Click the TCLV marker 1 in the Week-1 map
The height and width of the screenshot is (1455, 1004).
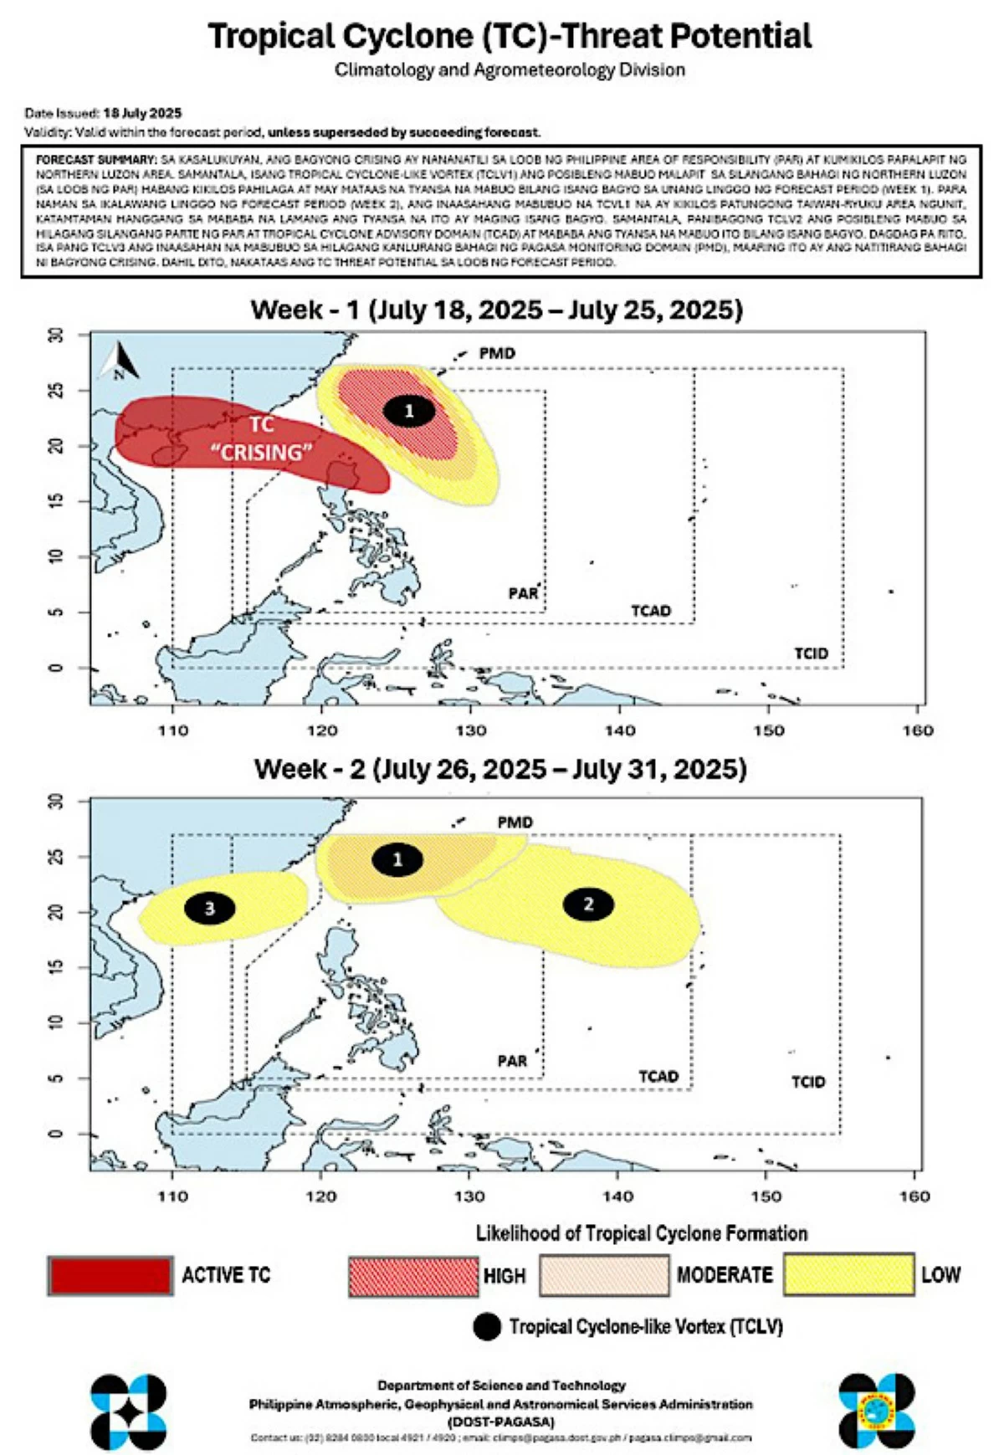[x=409, y=411]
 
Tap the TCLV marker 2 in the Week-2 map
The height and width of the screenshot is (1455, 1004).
[x=589, y=904]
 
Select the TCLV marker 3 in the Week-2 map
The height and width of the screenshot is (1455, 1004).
[x=210, y=908]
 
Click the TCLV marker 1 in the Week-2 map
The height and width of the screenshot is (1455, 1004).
[x=397, y=859]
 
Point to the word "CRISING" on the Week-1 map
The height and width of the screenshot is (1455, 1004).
[x=262, y=453]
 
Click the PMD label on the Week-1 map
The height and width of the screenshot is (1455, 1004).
[x=497, y=353]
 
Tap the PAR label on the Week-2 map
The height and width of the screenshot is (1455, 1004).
[x=512, y=1061]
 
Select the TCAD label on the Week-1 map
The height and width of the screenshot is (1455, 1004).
[x=651, y=611]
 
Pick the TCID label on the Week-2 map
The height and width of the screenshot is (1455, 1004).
[x=808, y=1082]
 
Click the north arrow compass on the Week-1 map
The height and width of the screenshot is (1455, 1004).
[x=119, y=362]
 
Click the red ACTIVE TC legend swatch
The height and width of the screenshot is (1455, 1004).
[x=110, y=1275]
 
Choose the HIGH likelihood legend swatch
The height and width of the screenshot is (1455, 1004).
[x=413, y=1276]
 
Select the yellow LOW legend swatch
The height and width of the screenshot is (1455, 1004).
[x=849, y=1274]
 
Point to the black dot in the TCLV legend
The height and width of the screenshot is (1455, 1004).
[x=487, y=1326]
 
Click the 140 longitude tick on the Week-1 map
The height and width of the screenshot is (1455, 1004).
[x=620, y=730]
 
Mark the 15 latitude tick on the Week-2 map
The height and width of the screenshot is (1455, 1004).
[x=55, y=967]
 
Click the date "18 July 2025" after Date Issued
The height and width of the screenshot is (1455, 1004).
[x=142, y=113]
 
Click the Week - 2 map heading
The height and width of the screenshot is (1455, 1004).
[x=500, y=768]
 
